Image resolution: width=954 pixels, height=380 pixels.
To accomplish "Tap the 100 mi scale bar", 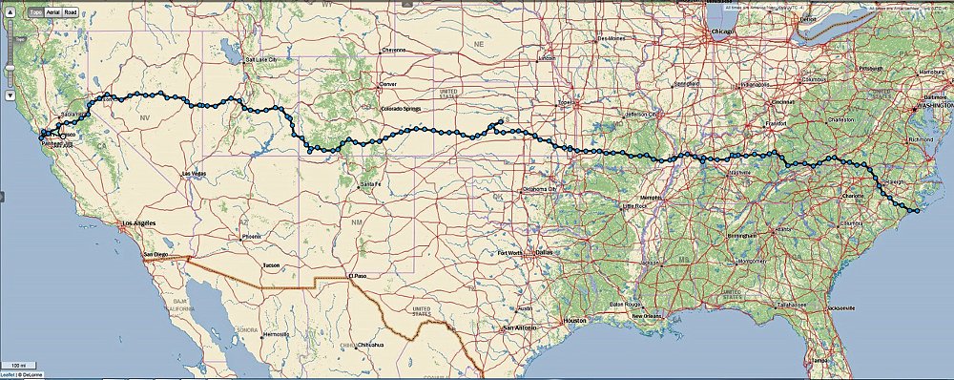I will (18, 365).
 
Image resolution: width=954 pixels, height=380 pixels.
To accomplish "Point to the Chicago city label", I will (721, 32).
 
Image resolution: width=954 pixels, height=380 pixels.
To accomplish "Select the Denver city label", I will (387, 84).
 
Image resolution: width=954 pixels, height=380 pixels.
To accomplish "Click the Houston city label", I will (573, 320).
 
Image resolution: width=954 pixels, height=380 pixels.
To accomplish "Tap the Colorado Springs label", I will (401, 108).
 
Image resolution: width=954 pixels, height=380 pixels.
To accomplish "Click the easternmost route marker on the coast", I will (916, 211).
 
